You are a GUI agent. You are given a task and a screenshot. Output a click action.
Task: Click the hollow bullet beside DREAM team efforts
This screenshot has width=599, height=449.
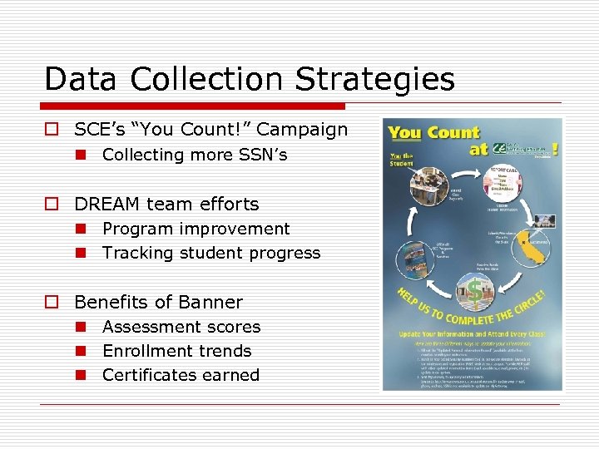tap(52, 205)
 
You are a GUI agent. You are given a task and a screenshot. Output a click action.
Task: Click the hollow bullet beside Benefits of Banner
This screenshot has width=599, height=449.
tap(52, 303)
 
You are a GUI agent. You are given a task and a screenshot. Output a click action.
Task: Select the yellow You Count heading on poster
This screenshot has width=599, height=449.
tap(433, 133)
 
